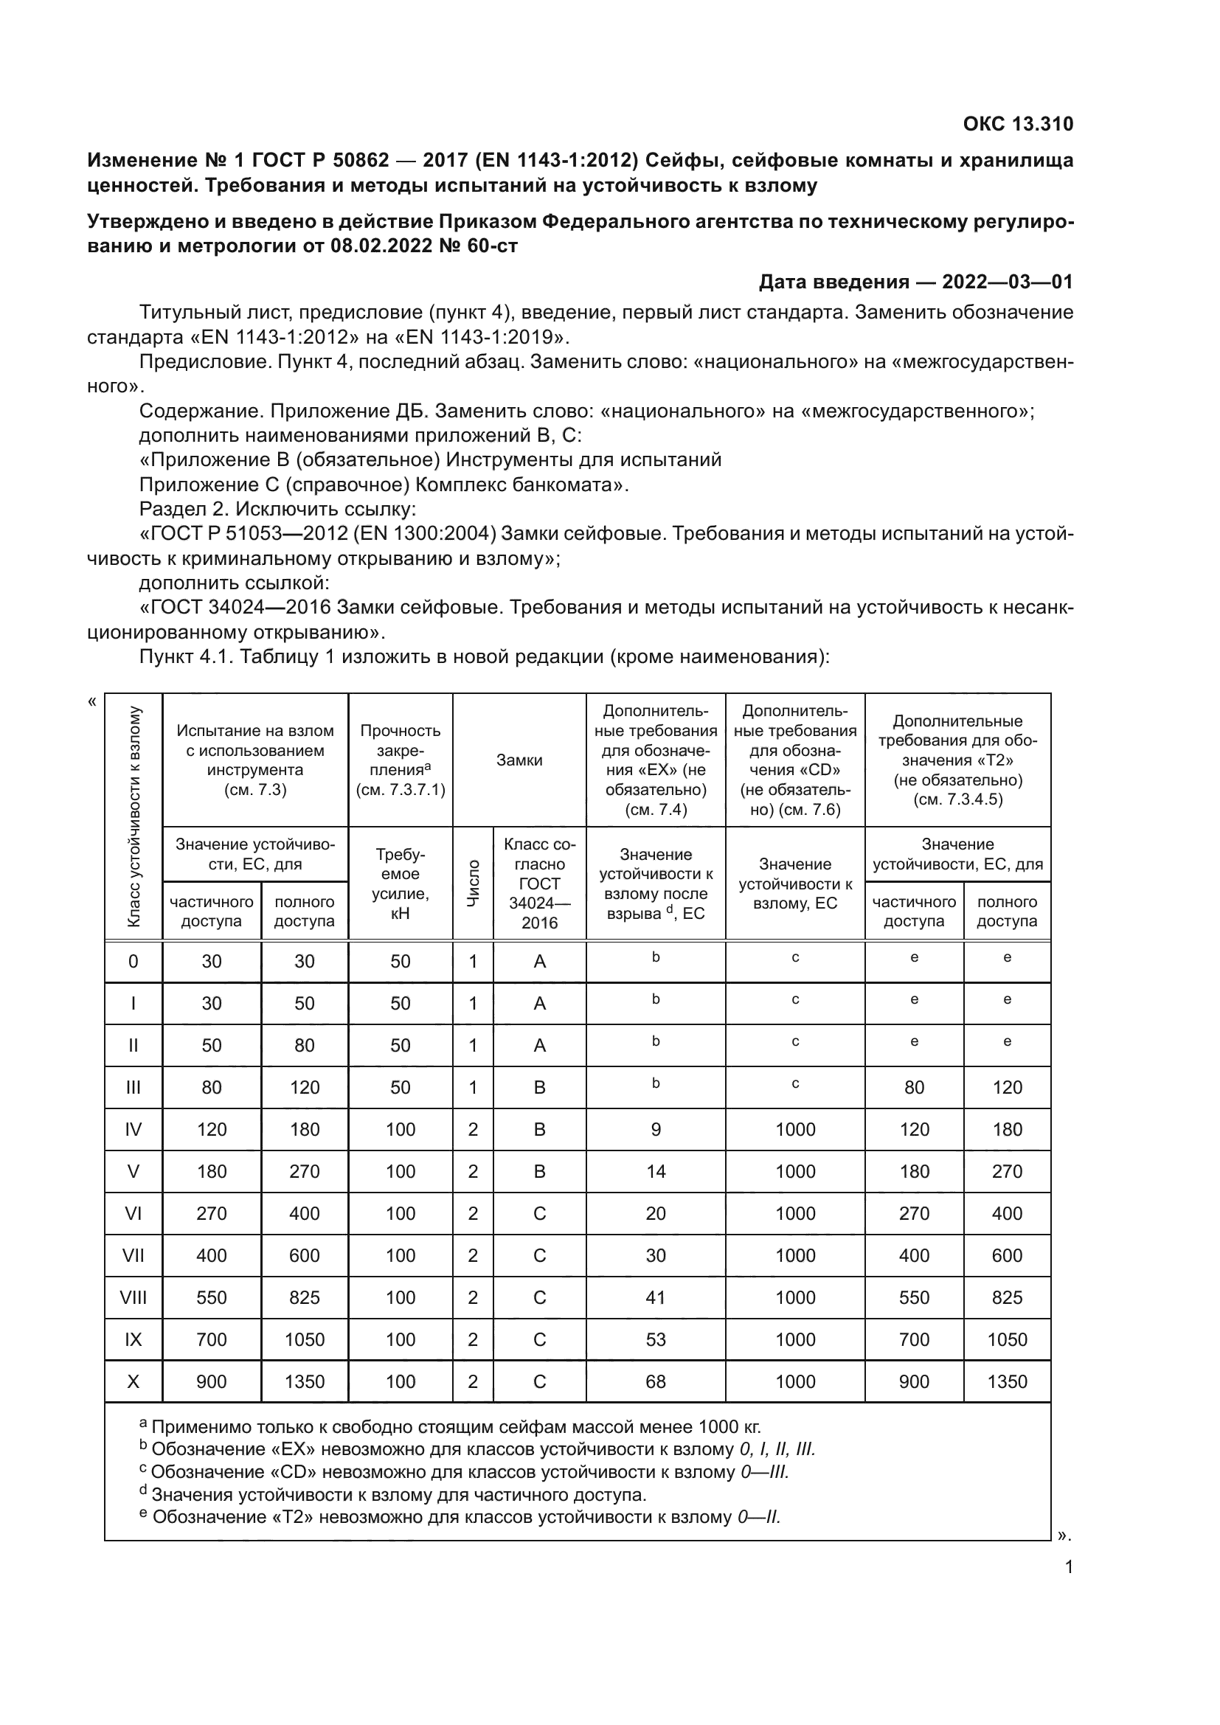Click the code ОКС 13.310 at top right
tap(1018, 124)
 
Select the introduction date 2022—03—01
tap(1007, 282)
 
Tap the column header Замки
tap(519, 760)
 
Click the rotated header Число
tap(473, 884)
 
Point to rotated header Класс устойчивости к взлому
tap(134, 816)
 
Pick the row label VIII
tap(134, 1297)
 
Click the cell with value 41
tap(656, 1297)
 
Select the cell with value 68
tap(656, 1381)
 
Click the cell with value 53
tap(656, 1339)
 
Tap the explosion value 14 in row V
tap(656, 1171)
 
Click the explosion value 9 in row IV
tap(656, 1129)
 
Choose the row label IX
tap(134, 1339)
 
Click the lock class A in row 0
tap(539, 962)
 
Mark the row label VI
tap(134, 1213)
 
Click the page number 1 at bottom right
tap(1069, 1566)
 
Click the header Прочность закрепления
tap(401, 760)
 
